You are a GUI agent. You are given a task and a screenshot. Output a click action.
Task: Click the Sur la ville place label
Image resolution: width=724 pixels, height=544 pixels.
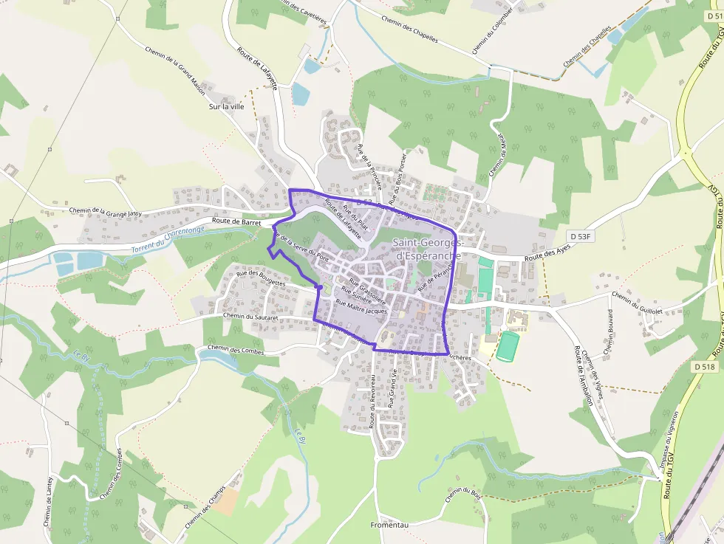point(226,106)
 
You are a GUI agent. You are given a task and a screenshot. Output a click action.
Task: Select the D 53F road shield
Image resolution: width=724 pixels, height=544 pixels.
point(581,235)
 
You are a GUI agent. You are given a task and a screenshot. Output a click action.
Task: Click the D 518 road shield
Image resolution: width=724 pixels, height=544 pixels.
point(706,366)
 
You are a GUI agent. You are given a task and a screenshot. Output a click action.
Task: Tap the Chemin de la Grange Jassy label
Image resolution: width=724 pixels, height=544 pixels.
point(105,213)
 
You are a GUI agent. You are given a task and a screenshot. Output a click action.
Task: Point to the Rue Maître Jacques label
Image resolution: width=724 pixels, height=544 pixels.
point(361,306)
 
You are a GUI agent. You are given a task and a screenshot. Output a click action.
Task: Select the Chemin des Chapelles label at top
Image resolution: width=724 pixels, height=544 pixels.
point(409,30)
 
